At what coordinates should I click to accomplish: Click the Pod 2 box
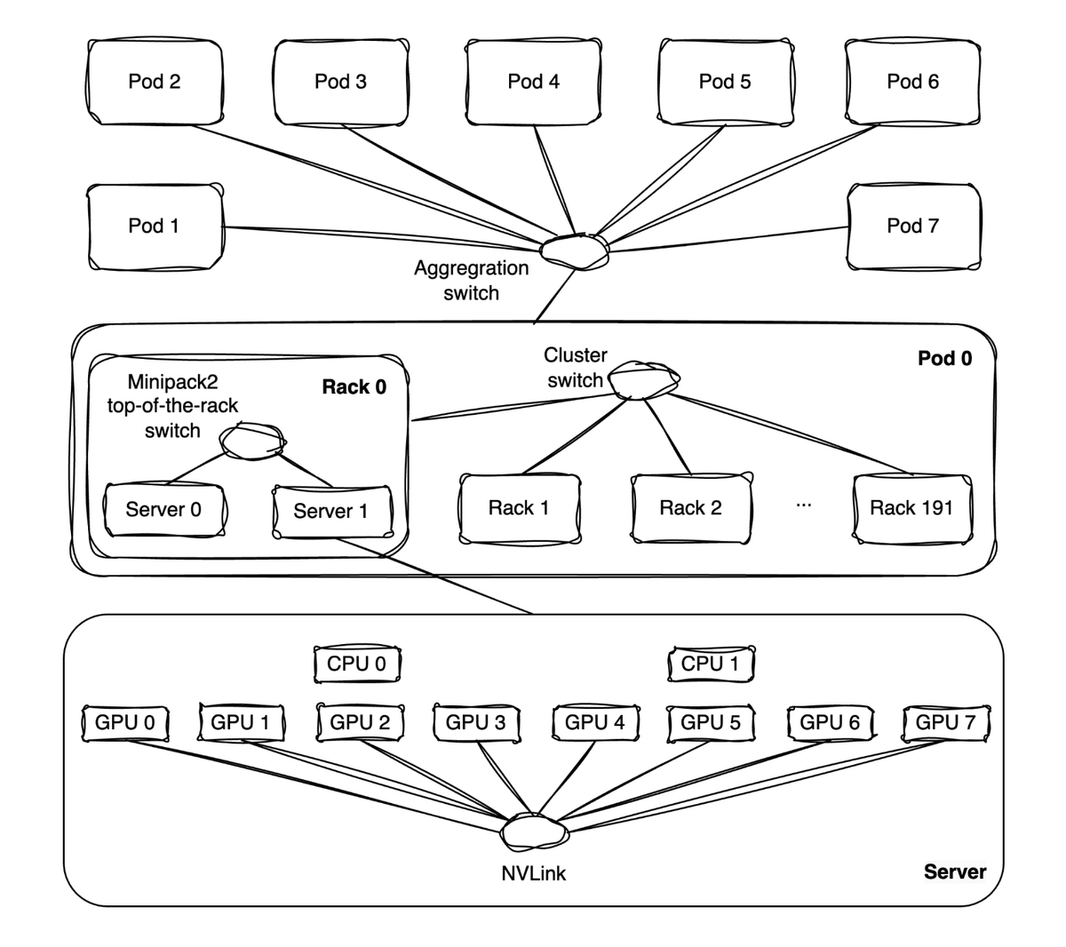155,82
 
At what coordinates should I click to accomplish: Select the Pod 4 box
534,82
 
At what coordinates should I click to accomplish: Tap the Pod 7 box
913,226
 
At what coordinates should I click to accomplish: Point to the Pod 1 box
155,226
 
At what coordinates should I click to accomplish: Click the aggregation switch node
577,251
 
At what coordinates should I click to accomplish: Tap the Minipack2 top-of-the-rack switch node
254,442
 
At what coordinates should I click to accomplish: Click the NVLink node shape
534,832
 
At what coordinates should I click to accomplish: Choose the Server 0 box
164,510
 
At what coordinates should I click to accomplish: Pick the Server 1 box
331,511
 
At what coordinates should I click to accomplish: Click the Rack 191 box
911,508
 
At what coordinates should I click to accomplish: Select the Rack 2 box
691,508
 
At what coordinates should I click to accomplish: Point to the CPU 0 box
357,664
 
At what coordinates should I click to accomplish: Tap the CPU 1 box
710,664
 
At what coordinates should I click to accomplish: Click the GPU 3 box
476,722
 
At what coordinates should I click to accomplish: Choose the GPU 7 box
945,722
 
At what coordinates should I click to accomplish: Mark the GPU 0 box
125,722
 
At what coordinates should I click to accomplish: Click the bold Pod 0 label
944,359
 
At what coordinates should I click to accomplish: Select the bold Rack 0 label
354,387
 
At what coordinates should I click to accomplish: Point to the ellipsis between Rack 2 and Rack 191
804,505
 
